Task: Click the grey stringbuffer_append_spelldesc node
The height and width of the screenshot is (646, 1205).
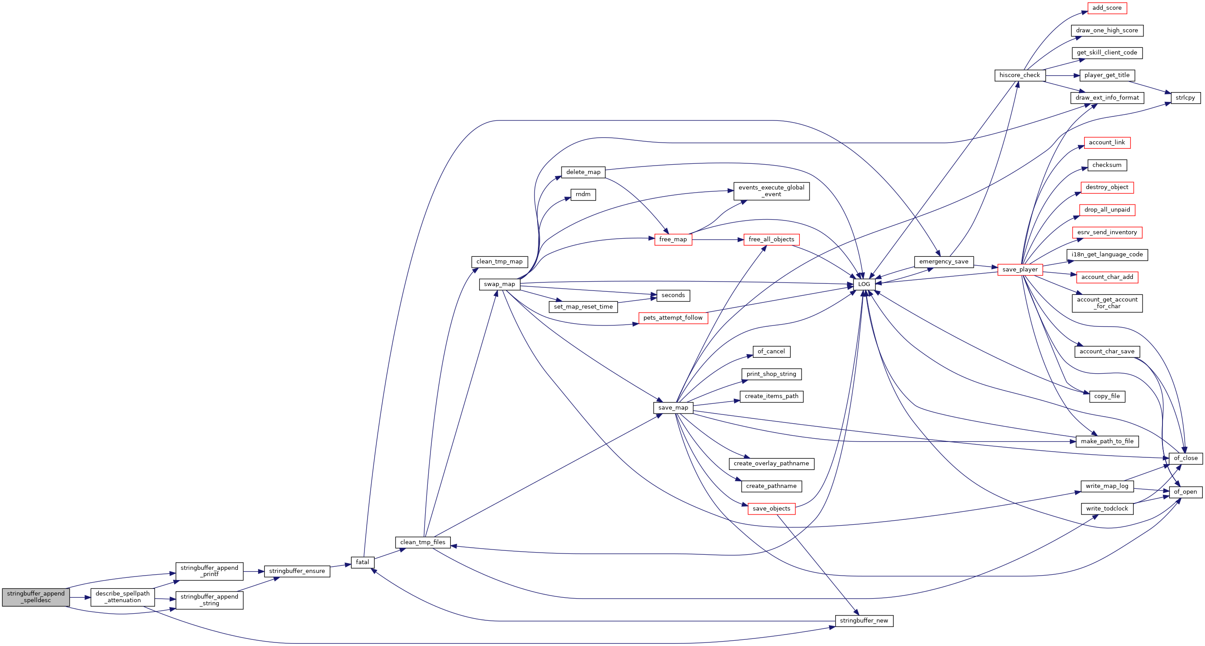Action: point(36,597)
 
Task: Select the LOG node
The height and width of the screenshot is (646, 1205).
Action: point(864,284)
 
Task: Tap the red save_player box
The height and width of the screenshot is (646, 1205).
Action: point(1020,270)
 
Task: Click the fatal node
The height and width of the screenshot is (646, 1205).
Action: point(363,562)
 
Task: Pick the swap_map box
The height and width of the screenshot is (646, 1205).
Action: point(500,284)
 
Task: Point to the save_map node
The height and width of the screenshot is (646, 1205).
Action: point(673,408)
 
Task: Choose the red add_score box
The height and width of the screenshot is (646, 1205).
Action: point(1107,8)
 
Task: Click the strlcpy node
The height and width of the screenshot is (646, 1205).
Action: point(1186,98)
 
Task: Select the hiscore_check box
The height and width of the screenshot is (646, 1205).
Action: point(1020,75)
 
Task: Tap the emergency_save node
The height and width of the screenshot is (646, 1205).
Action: point(944,262)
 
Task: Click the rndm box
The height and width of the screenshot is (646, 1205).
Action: point(583,194)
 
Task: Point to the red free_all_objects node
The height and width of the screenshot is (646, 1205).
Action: point(771,240)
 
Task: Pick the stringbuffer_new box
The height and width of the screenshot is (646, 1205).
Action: point(864,621)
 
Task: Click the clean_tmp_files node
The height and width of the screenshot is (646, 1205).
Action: point(423,542)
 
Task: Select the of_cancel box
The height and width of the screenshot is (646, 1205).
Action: point(771,352)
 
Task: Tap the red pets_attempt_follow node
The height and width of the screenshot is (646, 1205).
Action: point(673,318)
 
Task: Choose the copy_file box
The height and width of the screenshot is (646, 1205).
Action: point(1107,396)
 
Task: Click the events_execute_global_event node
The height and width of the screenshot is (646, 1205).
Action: point(771,191)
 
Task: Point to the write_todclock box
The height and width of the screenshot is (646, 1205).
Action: point(1107,508)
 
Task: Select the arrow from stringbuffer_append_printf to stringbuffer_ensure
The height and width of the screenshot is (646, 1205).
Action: point(254,571)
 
